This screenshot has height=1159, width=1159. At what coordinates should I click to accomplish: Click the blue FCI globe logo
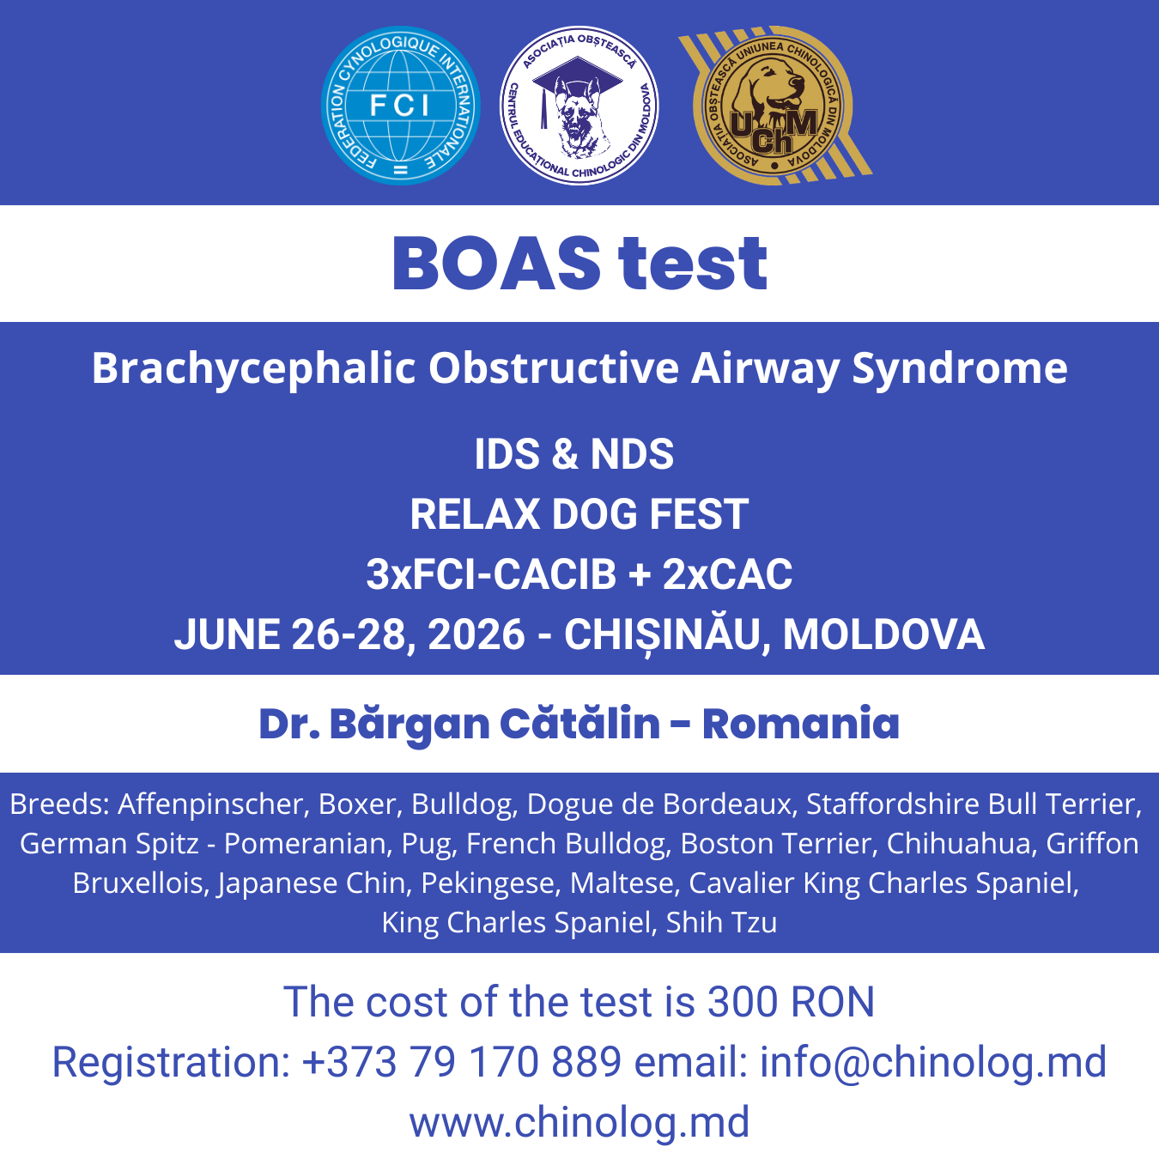click(x=401, y=106)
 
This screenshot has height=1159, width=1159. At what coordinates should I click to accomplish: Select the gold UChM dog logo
click(x=774, y=106)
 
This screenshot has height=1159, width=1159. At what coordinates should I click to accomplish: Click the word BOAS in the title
click(x=497, y=264)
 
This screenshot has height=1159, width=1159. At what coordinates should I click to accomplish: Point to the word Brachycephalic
click(x=254, y=368)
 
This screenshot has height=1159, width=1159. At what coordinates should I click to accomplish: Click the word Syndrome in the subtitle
click(x=960, y=368)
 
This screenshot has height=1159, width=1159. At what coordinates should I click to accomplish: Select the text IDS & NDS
click(x=573, y=454)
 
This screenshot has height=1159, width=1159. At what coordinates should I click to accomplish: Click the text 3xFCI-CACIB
click(x=491, y=574)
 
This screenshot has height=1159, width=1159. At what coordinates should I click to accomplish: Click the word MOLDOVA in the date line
click(x=883, y=634)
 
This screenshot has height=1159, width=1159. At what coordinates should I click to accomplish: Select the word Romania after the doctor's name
click(x=800, y=724)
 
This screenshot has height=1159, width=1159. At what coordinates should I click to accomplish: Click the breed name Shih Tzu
click(x=721, y=922)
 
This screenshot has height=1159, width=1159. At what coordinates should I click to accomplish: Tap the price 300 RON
click(x=791, y=1002)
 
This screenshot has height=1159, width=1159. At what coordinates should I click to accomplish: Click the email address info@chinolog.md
click(x=933, y=1062)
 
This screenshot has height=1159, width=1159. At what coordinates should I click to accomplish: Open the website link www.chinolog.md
click(x=579, y=1122)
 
